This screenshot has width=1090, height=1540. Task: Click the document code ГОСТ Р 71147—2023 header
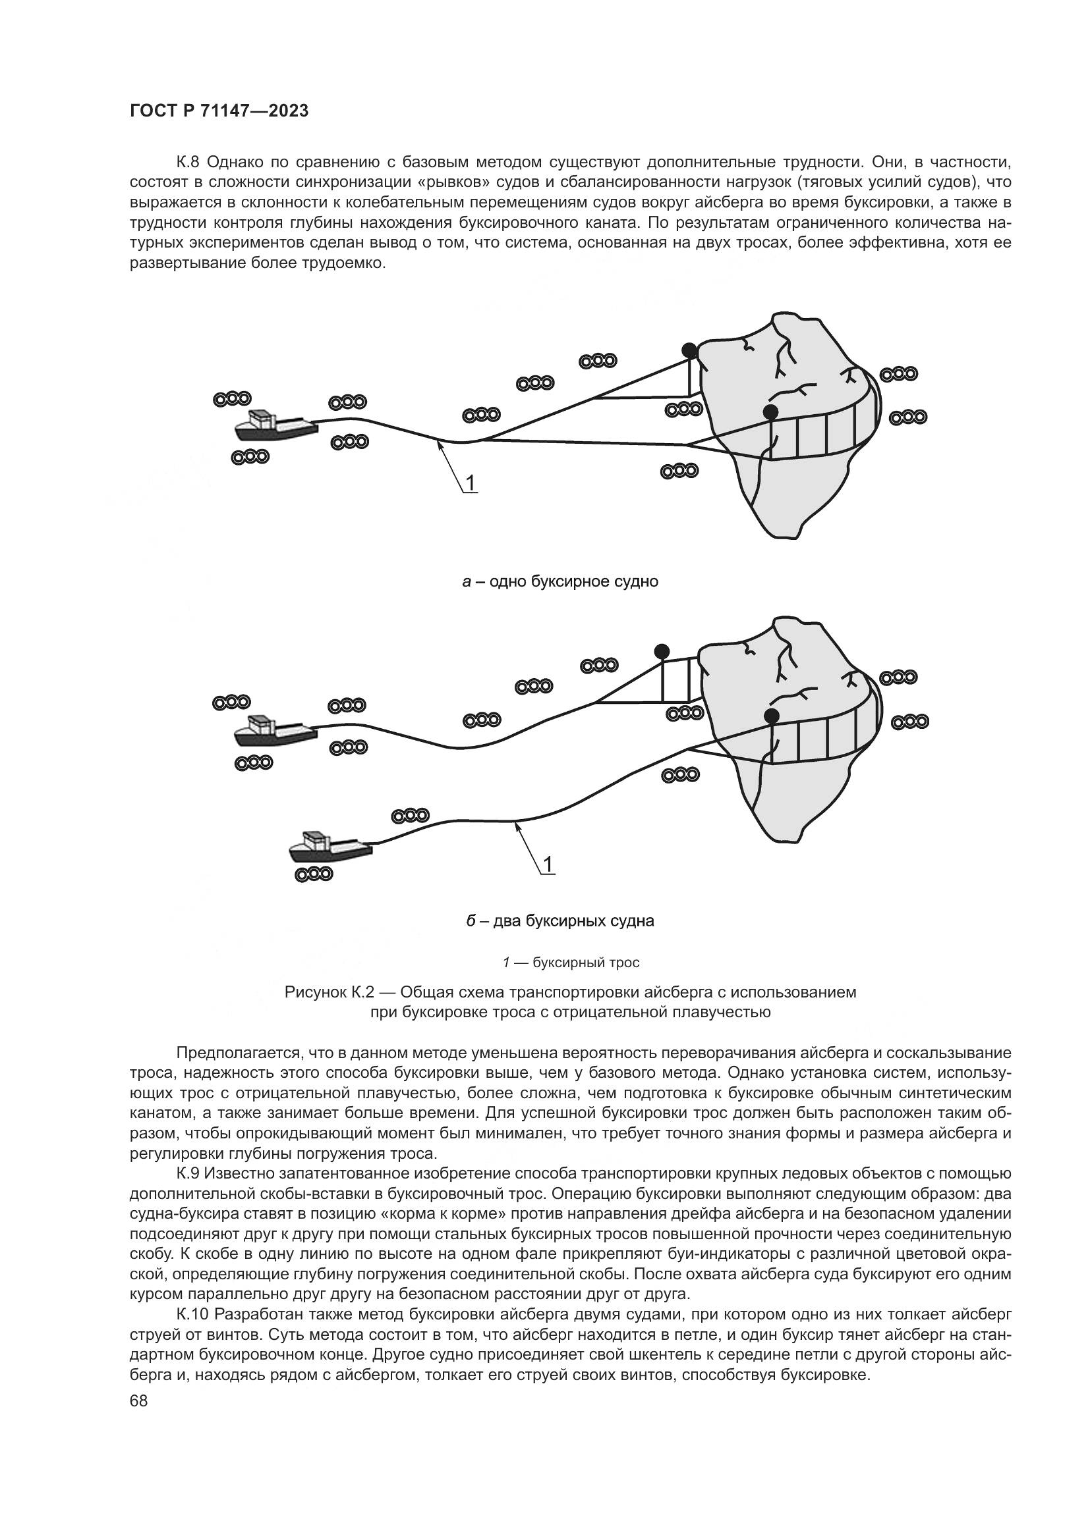pyautogui.click(x=219, y=111)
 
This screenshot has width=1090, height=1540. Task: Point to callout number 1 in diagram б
pyautogui.click(x=548, y=864)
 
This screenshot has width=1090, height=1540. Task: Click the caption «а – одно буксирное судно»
pyautogui.click(x=559, y=581)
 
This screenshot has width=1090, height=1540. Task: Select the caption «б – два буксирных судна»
pyautogui.click(x=559, y=921)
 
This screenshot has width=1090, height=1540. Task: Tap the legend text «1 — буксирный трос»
pyautogui.click(x=571, y=963)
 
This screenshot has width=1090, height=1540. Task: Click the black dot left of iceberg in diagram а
pyautogui.click(x=689, y=350)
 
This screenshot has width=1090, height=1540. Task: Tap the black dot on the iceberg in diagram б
pyautogui.click(x=772, y=715)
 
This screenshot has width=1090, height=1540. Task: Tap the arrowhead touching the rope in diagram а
pyautogui.click(x=440, y=444)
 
